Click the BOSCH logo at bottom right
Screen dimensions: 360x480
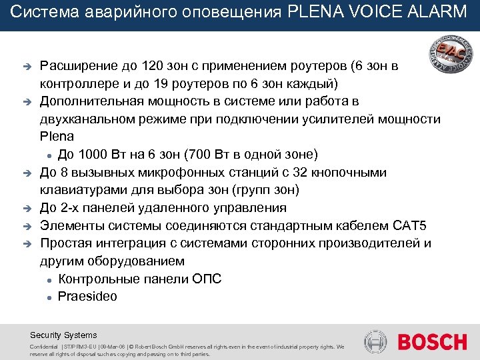(x=432, y=342)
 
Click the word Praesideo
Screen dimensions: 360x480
(x=87, y=297)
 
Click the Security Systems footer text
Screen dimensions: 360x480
(x=63, y=335)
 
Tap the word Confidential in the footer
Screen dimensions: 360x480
(x=44, y=347)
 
